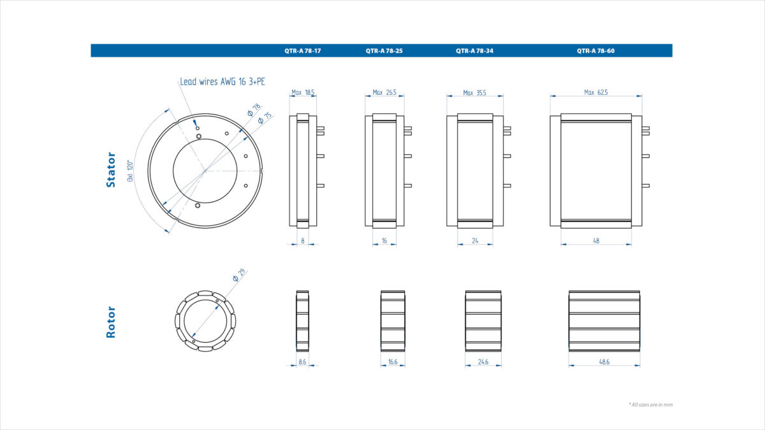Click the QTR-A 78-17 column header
click(302, 50)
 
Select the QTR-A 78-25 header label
click(384, 50)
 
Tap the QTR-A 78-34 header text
click(474, 50)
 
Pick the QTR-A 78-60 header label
click(595, 50)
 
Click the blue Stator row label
click(111, 169)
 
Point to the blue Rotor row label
click(111, 322)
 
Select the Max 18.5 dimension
click(303, 92)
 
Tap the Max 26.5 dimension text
click(384, 92)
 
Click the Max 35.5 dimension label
click(475, 92)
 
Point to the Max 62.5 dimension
click(595, 92)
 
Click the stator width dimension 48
click(595, 241)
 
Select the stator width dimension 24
click(474, 241)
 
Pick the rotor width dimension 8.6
click(302, 362)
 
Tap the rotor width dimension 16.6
click(393, 362)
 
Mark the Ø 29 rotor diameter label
click(240, 275)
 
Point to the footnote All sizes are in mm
click(650, 404)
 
